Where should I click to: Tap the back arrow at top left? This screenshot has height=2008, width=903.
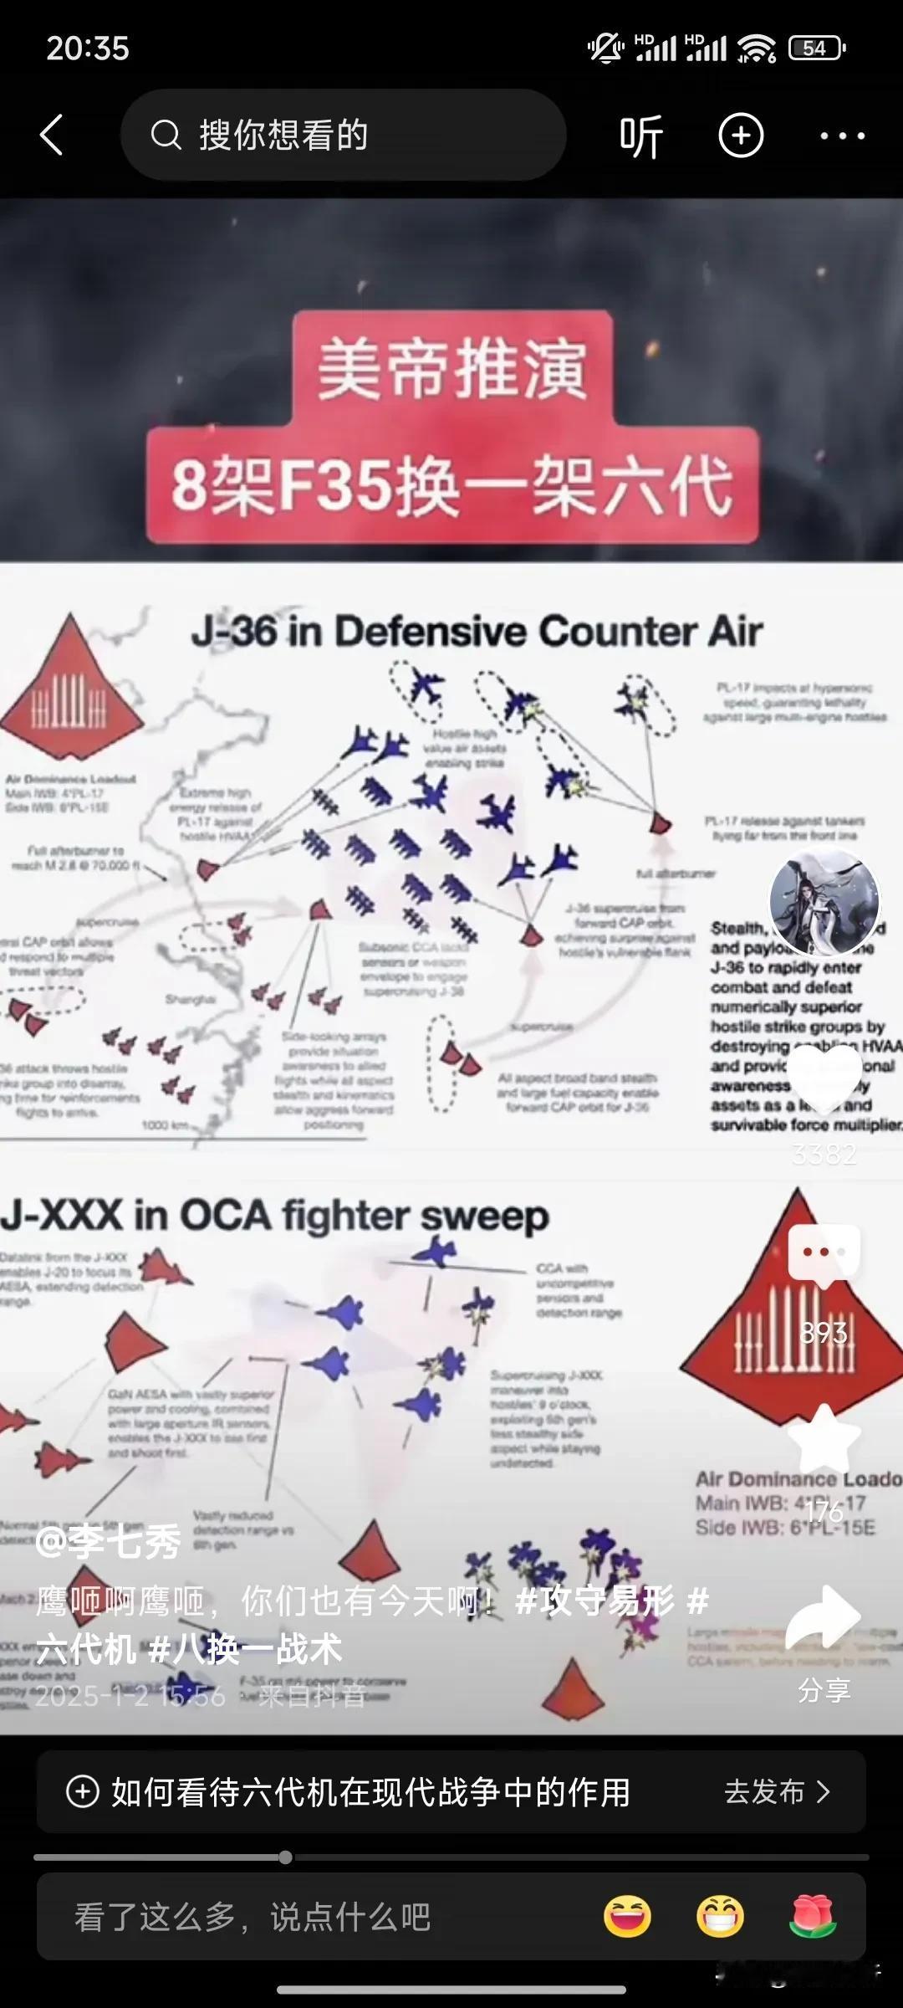point(52,136)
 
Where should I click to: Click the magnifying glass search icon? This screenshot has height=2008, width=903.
point(166,135)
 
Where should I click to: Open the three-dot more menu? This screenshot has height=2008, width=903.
point(842,136)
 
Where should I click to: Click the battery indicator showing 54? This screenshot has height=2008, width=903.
point(816,49)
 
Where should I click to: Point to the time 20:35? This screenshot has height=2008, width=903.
point(88,49)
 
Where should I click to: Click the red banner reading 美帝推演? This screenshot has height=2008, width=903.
point(451,368)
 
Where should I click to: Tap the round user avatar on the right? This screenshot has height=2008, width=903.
point(824,902)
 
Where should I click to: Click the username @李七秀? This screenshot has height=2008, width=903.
point(109,1542)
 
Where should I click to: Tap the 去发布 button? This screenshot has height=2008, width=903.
point(776,1792)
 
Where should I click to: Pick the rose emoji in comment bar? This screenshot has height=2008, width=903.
point(812,1917)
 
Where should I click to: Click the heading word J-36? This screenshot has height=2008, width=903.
point(234,632)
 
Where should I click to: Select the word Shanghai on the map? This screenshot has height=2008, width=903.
point(190,999)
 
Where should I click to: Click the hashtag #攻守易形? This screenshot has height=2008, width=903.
point(594,1601)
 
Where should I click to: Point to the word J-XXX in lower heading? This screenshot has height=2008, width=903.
point(62,1216)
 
